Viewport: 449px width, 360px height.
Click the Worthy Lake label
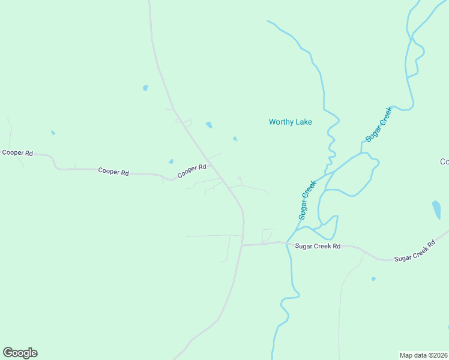pyautogui.click(x=290, y=122)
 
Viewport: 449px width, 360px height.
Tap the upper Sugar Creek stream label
pyautogui.click(x=379, y=124)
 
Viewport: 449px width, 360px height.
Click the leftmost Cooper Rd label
pyautogui.click(x=17, y=153)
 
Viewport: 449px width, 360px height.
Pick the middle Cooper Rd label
pyautogui.click(x=113, y=172)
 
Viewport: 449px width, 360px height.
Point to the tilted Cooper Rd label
pyautogui.click(x=191, y=171)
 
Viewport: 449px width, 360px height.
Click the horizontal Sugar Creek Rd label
pyautogui.click(x=318, y=246)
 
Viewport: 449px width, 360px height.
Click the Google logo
pyautogui.click(x=20, y=353)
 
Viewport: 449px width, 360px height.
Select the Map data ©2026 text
pyautogui.click(x=423, y=355)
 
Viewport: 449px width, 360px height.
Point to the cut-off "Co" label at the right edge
pyautogui.click(x=444, y=161)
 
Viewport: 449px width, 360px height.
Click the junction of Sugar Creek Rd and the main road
pyautogui.click(x=243, y=245)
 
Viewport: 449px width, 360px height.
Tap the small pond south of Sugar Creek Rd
pyautogui.click(x=373, y=279)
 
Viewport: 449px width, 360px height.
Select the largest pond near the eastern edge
pyautogui.click(x=436, y=209)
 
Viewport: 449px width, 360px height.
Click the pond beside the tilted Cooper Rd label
pyautogui.click(x=171, y=161)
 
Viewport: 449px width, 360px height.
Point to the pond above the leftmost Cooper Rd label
pyautogui.click(x=53, y=133)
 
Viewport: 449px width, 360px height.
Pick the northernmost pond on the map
pyautogui.click(x=145, y=88)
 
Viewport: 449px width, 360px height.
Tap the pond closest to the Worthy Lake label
pyautogui.click(x=235, y=139)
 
